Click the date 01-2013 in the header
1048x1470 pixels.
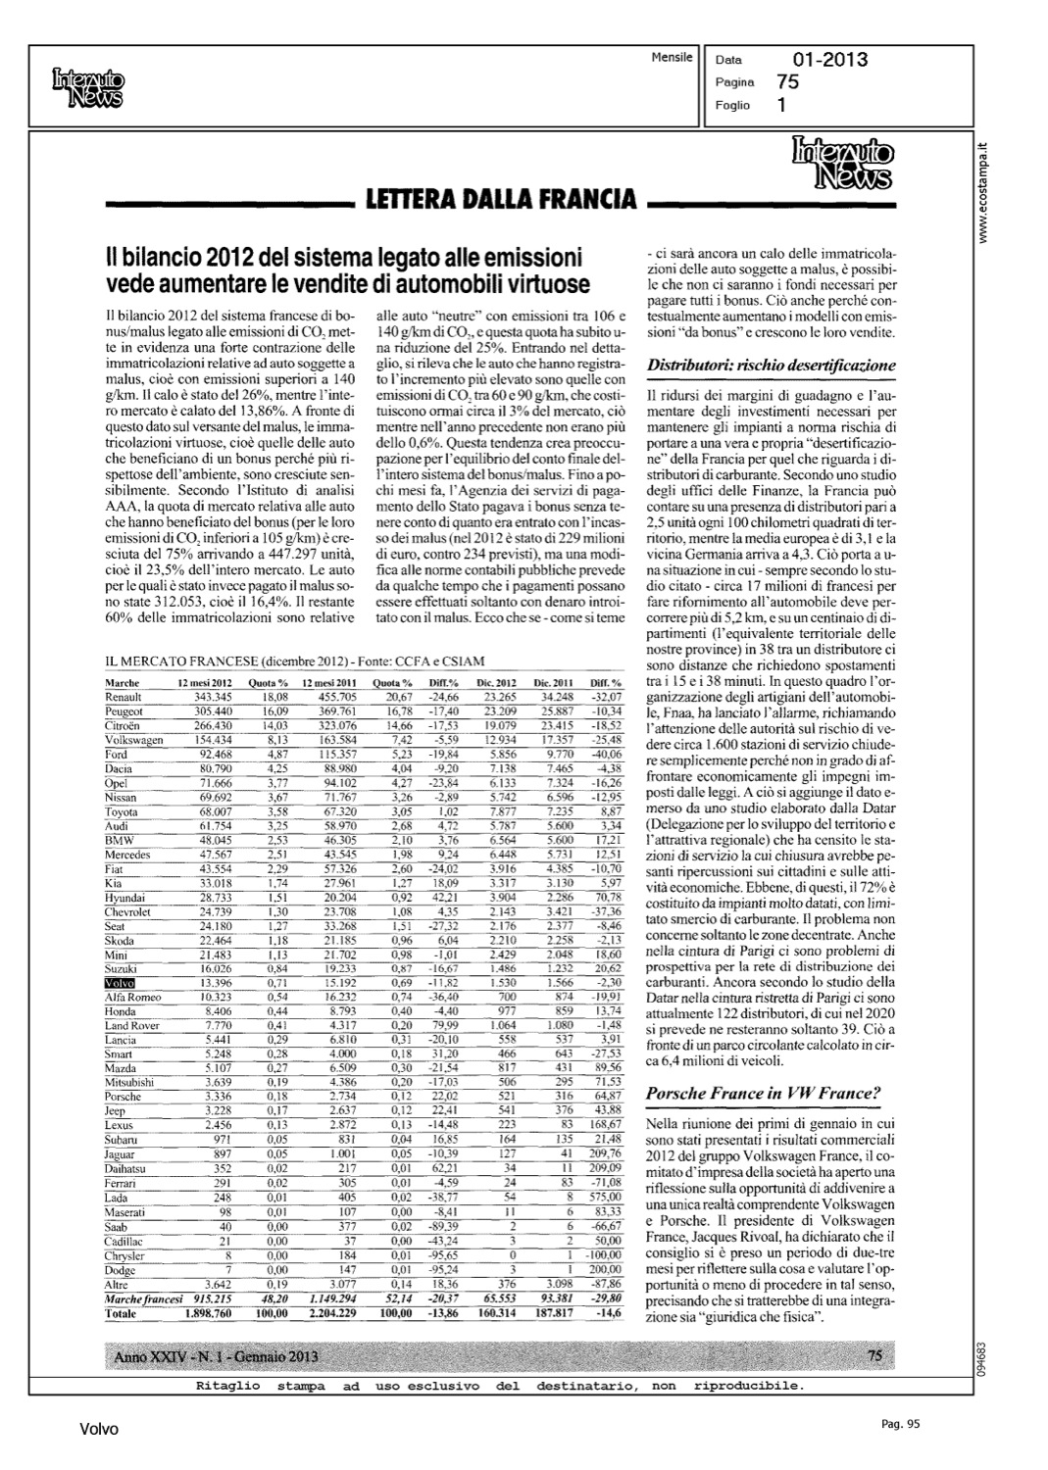tap(829, 60)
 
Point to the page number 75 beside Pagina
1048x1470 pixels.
tap(786, 82)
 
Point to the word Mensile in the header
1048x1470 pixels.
tap(672, 58)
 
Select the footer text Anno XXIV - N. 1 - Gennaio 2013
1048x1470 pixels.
tap(217, 1356)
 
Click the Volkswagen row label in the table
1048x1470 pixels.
tap(134, 740)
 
